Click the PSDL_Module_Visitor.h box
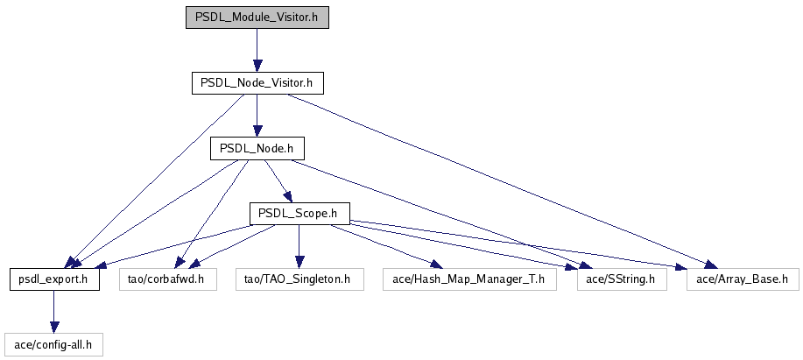tap(257, 18)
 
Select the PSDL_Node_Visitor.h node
tap(257, 83)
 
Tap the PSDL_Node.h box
tap(256, 148)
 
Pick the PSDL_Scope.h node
tap(299, 213)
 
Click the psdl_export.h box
tap(53, 279)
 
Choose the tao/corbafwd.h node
tap(166, 279)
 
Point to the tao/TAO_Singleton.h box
tap(299, 279)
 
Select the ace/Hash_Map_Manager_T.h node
tap(469, 279)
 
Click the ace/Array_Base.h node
tap(743, 279)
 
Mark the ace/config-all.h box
tap(53, 344)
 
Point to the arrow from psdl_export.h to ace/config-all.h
tap(53, 312)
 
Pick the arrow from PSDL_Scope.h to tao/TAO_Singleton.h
tap(299, 246)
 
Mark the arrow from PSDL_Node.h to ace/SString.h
tap(438, 212)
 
